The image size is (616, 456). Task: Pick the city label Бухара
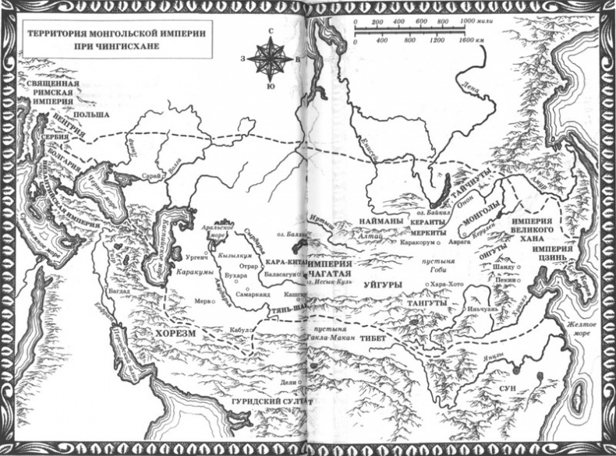(226, 276)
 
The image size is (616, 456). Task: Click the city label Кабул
(238, 330)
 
